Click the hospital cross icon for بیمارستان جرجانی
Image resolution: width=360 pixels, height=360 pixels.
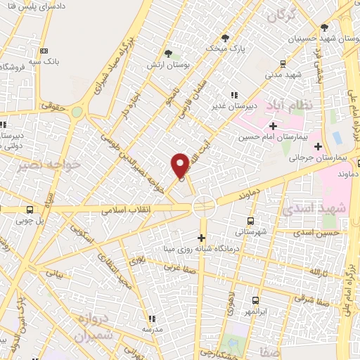(319, 146)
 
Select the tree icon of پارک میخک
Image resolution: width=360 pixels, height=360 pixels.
(224, 38)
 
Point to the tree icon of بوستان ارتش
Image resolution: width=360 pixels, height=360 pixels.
(167, 53)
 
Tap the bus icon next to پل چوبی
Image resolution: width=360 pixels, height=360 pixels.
(30, 210)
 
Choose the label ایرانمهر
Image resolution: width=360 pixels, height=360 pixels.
(245, 311)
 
